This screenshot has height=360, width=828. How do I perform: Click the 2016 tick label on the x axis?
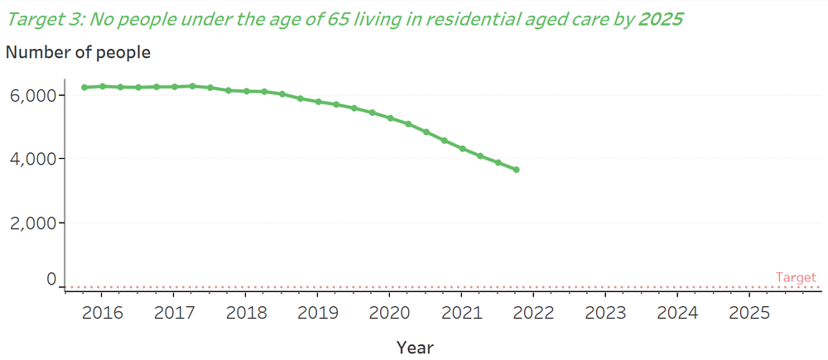click(x=102, y=314)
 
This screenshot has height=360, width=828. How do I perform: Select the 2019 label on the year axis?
click(x=318, y=314)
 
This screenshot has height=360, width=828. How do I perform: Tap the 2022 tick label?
click(x=533, y=314)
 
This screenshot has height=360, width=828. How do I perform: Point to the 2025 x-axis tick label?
click(x=749, y=314)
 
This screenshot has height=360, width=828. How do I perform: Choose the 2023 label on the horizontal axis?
click(x=605, y=314)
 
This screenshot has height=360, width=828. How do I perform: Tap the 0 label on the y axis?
click(x=51, y=281)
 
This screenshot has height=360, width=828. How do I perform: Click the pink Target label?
click(x=796, y=278)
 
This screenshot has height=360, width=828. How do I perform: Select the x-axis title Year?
click(x=414, y=347)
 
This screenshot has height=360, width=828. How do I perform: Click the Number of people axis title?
click(x=78, y=52)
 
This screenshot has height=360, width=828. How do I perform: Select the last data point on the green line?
click(x=516, y=170)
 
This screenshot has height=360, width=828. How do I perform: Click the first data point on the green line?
click(x=84, y=87)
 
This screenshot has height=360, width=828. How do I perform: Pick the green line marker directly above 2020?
click(x=390, y=118)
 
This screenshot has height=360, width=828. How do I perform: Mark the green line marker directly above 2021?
click(x=462, y=149)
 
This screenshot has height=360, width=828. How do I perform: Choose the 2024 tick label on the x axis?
click(x=677, y=314)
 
